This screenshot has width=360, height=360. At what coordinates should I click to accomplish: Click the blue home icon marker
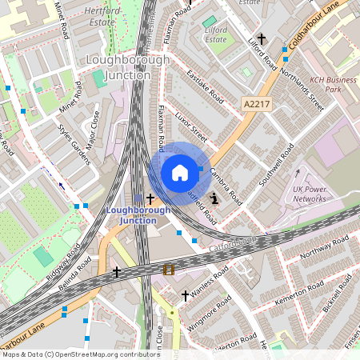180,173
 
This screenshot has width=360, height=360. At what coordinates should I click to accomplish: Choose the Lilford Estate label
215,34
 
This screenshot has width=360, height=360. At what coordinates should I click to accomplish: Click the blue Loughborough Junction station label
138,215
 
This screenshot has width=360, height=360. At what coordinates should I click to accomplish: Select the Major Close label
94,133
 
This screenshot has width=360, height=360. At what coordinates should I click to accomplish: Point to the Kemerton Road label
300,295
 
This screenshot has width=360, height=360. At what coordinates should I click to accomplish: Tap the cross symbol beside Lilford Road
261,38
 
